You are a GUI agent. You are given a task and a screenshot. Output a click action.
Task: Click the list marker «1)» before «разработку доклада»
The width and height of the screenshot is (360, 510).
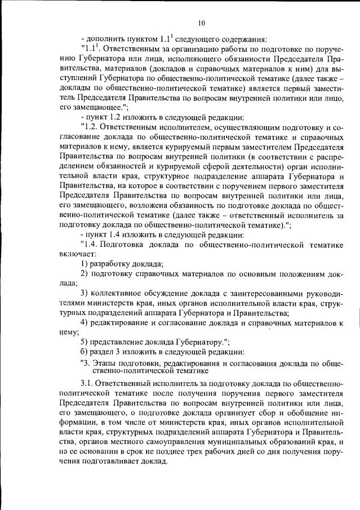pyautogui.click(x=85, y=264)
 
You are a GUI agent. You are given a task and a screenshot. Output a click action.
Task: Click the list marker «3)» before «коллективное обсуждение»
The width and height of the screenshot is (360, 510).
pyautogui.click(x=85, y=294)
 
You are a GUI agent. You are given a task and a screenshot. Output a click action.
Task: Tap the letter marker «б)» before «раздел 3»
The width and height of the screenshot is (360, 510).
pyautogui.click(x=85, y=352)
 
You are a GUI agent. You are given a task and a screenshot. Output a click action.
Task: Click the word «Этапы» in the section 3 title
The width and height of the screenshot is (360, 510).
pyautogui.click(x=104, y=363)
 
